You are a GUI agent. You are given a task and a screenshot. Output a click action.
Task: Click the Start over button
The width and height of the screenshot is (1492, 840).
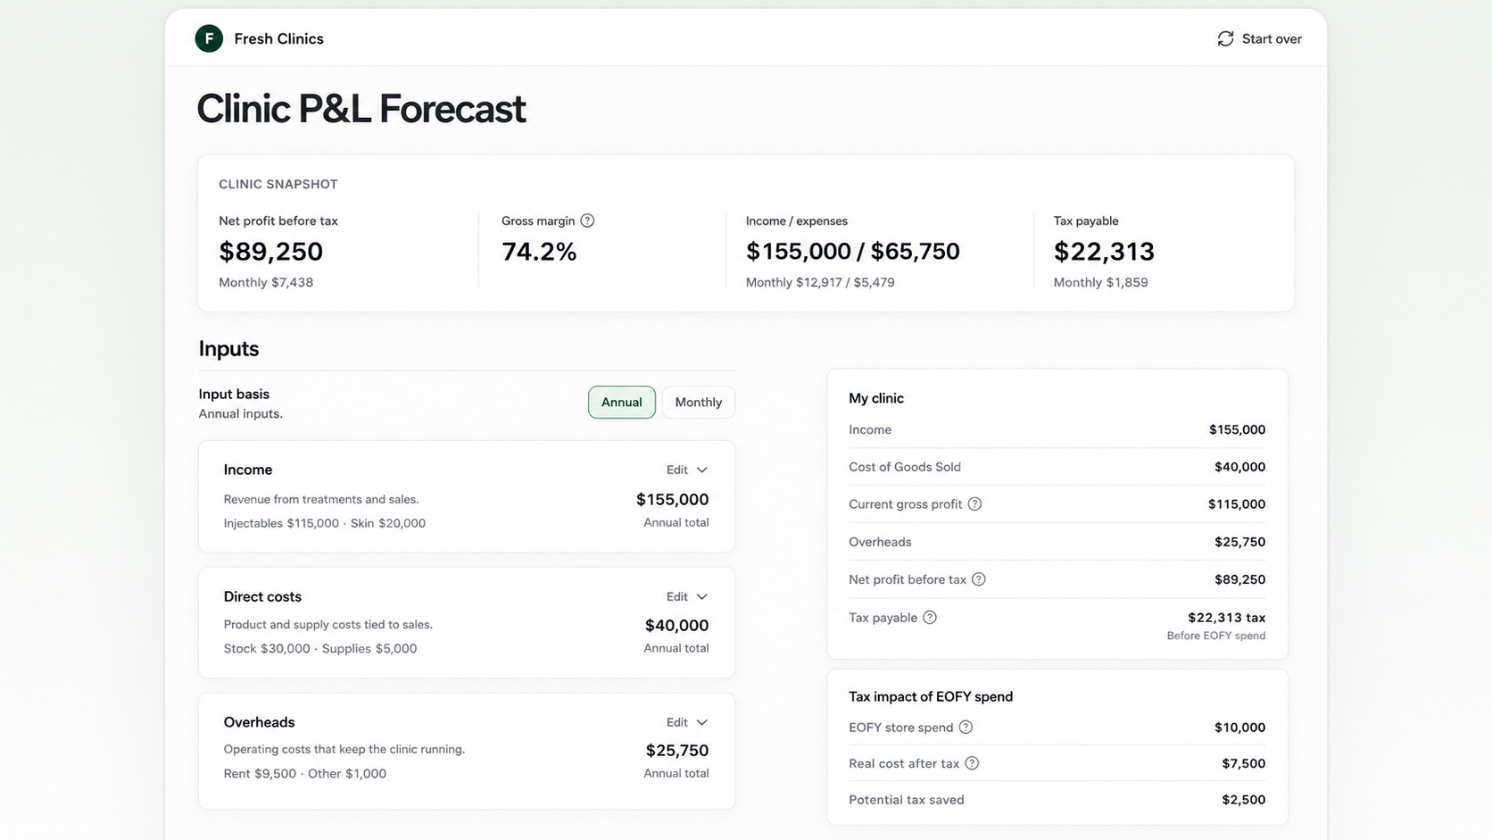pyautogui.click(x=1259, y=38)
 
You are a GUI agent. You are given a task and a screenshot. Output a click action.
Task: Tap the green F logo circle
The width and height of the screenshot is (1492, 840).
pyautogui.click(x=209, y=38)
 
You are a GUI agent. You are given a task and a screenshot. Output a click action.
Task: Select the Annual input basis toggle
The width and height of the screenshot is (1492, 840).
pyautogui.click(x=621, y=403)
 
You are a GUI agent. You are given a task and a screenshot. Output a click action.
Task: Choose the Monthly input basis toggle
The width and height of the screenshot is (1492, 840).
pyautogui.click(x=698, y=403)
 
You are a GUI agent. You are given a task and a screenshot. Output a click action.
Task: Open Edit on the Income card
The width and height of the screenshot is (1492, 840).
pyautogui.click(x=687, y=470)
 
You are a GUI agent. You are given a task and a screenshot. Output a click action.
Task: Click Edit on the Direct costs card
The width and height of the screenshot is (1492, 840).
pyautogui.click(x=687, y=597)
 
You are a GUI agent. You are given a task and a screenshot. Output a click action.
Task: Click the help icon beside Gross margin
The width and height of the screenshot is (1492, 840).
pyautogui.click(x=587, y=220)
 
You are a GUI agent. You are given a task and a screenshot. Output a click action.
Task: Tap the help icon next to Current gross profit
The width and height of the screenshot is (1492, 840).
pyautogui.click(x=974, y=504)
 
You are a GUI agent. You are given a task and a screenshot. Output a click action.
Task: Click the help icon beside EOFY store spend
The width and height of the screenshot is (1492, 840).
pyautogui.click(x=966, y=728)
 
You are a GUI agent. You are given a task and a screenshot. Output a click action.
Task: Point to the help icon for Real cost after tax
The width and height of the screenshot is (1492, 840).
pyautogui.click(x=972, y=763)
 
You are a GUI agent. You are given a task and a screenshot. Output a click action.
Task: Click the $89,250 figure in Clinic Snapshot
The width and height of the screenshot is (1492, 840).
pyautogui.click(x=270, y=251)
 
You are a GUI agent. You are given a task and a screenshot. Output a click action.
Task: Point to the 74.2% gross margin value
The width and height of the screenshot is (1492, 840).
pyautogui.click(x=539, y=251)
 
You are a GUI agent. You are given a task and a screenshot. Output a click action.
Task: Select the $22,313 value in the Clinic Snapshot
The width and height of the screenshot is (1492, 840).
pyautogui.click(x=1104, y=251)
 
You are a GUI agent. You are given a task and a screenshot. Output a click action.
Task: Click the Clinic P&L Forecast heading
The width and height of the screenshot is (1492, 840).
pyautogui.click(x=361, y=109)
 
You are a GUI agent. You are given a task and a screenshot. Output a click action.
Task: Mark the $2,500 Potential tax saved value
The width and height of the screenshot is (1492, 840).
pyautogui.click(x=1244, y=799)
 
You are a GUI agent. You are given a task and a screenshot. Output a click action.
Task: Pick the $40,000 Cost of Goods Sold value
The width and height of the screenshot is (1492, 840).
pyautogui.click(x=1239, y=467)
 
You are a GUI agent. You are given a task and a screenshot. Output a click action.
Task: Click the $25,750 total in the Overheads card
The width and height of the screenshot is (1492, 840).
pyautogui.click(x=676, y=751)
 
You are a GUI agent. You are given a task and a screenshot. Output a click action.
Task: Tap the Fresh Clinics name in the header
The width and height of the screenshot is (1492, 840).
pyautogui.click(x=279, y=38)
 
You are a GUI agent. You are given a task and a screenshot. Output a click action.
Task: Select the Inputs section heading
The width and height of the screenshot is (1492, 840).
pyautogui.click(x=228, y=349)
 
